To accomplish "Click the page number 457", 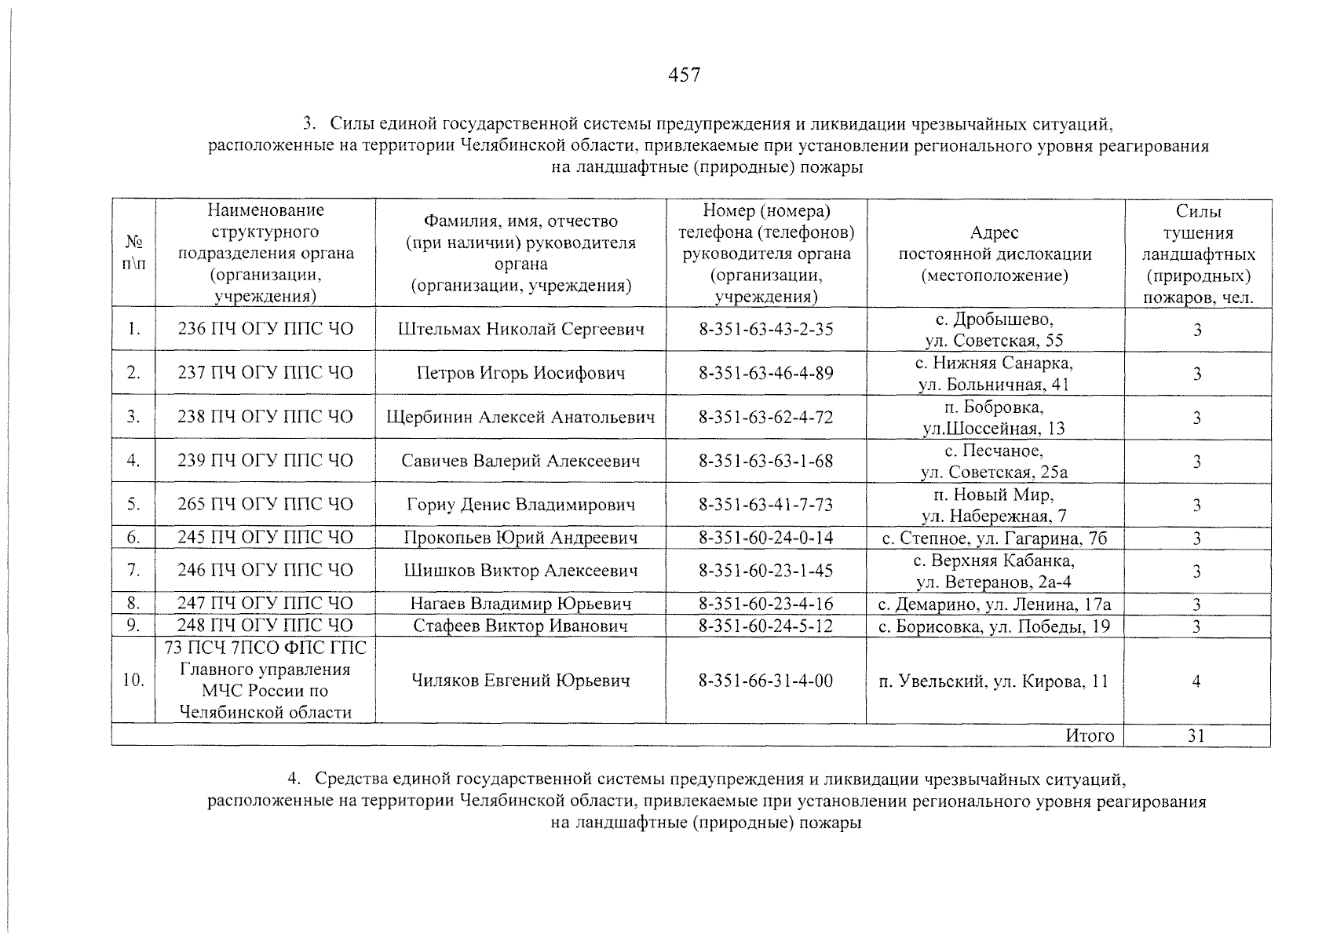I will [683, 75].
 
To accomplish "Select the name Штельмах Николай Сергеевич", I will [521, 329].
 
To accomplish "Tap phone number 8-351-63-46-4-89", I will [766, 373].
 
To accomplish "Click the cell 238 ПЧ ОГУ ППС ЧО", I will [265, 417].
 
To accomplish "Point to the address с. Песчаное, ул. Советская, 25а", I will [994, 462].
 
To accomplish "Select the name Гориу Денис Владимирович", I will [521, 505].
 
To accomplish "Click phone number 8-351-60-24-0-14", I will [766, 538].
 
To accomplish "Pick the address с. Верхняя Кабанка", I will [994, 560].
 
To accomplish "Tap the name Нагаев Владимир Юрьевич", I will [521, 604].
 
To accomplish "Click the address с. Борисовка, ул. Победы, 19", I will [994, 626].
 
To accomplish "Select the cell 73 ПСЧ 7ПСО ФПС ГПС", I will [265, 648].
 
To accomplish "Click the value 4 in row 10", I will [1196, 681].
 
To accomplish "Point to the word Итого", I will [1090, 736].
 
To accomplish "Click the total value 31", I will [1196, 736].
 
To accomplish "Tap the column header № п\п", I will [133, 253].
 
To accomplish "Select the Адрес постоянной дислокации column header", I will [994, 254].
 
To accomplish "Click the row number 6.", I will [133, 538].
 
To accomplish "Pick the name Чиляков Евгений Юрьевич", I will [521, 681].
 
